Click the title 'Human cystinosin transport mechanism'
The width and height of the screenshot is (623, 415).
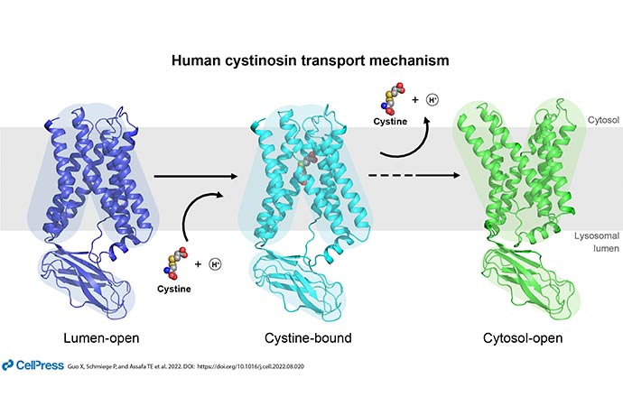[311, 60]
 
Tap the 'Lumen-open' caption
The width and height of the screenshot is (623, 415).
[101, 338]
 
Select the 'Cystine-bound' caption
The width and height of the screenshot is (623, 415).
[308, 338]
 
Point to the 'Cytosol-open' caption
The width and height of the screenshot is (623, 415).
[523, 338]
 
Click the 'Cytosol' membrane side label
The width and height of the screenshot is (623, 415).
[603, 120]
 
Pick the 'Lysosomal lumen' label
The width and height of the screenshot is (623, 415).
[597, 242]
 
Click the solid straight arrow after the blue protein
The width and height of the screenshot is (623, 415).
[196, 176]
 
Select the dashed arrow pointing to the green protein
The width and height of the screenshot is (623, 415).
[414, 176]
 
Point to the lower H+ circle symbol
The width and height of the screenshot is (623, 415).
[215, 264]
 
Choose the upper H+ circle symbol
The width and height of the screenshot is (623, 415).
[432, 99]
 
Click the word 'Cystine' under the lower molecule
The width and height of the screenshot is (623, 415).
[174, 289]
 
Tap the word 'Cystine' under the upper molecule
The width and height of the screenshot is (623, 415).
[390, 122]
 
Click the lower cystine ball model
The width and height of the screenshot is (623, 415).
[175, 263]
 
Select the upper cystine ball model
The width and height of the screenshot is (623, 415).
[392, 98]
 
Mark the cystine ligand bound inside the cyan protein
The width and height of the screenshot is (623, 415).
[305, 168]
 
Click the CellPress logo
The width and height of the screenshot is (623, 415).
[33, 365]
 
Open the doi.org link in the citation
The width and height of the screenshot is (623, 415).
[250, 366]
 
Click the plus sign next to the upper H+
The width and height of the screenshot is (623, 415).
[415, 99]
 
